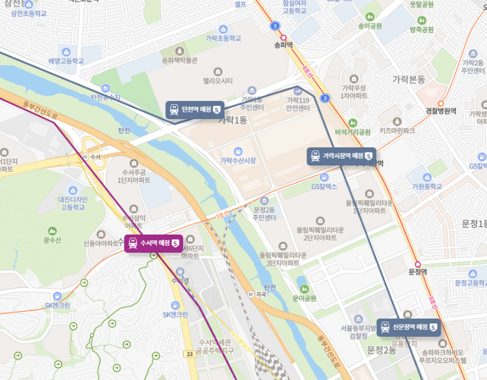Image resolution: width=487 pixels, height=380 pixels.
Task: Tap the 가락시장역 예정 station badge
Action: [341, 156]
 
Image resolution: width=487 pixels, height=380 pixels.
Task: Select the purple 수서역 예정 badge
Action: [154, 243]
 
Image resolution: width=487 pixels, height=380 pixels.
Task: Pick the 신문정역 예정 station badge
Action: [408, 327]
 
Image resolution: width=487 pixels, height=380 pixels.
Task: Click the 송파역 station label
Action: [283, 45]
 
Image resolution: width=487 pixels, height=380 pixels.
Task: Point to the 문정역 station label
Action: [417, 271]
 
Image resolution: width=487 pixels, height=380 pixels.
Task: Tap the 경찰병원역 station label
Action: [441, 110]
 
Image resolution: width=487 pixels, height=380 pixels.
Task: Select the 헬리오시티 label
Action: [217, 80]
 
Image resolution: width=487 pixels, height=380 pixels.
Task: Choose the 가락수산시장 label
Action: [238, 161]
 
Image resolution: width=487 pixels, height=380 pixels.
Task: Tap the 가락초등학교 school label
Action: [223, 38]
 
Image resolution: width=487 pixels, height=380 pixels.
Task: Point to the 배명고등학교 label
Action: [65, 61]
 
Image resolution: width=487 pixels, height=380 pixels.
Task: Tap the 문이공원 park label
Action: [304, 298]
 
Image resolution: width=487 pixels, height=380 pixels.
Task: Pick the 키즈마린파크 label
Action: [397, 130]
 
